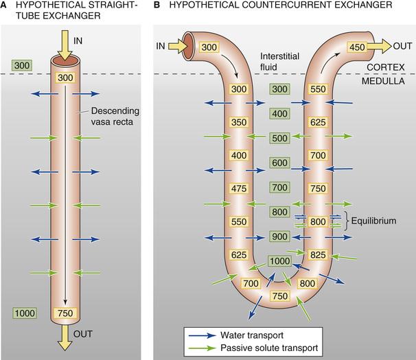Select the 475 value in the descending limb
[239, 187]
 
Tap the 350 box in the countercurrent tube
[239, 123]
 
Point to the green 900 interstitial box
[279, 237]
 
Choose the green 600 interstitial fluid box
[279, 163]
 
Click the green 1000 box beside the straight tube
[25, 313]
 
